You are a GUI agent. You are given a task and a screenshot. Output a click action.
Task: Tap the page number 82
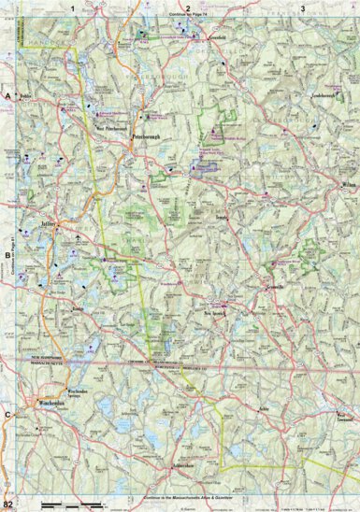7,505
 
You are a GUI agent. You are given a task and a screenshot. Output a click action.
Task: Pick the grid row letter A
7,96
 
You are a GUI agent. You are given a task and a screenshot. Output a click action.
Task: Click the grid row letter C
7,414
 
